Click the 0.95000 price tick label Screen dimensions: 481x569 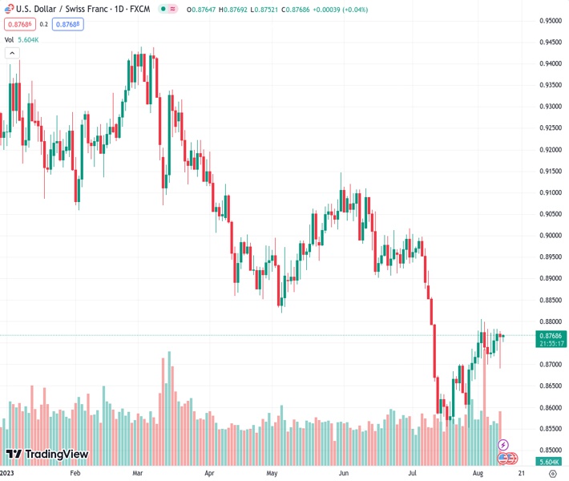[x=549, y=21]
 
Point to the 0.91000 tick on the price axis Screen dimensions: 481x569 [x=549, y=192]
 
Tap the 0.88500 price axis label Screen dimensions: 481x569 [x=549, y=300]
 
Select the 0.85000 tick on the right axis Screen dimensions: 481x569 [x=549, y=450]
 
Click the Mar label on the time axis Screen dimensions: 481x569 [x=137, y=473]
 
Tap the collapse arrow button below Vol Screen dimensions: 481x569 [x=12, y=53]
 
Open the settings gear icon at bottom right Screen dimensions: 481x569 [x=552, y=473]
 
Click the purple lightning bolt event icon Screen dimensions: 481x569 [x=503, y=444]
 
